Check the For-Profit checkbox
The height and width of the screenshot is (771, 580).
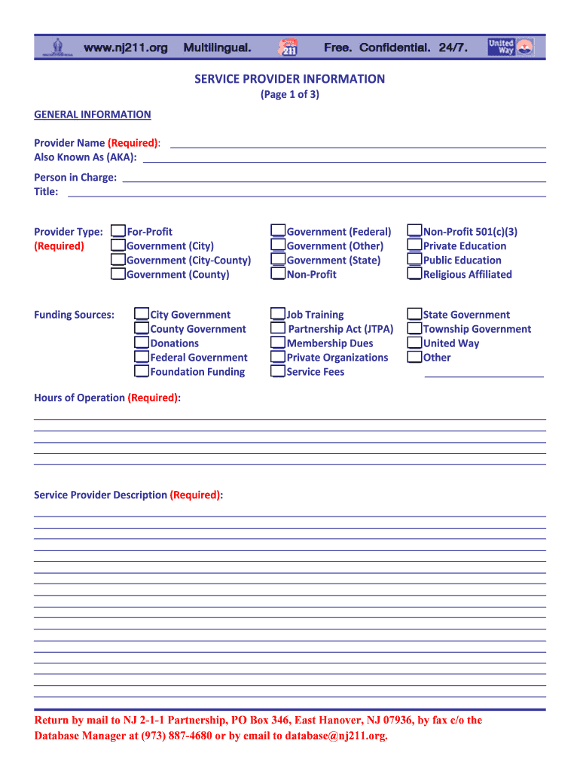click(x=118, y=231)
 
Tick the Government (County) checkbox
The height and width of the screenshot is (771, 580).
click(x=118, y=274)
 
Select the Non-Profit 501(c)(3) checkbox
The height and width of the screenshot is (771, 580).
click(x=415, y=231)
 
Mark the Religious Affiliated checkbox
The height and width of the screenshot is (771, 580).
click(x=415, y=274)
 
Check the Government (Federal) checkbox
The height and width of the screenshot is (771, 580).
click(x=279, y=231)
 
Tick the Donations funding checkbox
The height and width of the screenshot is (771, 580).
click(x=142, y=343)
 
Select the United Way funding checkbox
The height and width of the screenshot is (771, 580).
click(x=415, y=343)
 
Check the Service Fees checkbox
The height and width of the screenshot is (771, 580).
click(x=279, y=371)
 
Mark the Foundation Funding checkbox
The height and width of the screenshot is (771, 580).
click(x=142, y=371)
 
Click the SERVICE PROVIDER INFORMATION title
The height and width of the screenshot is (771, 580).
click(x=290, y=79)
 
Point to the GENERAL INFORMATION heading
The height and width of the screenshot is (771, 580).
click(x=93, y=114)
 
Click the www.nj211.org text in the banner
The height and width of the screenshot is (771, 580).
click(x=126, y=48)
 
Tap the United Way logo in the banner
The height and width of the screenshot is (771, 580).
click(x=510, y=47)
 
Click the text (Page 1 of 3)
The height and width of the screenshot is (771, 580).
click(x=290, y=95)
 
